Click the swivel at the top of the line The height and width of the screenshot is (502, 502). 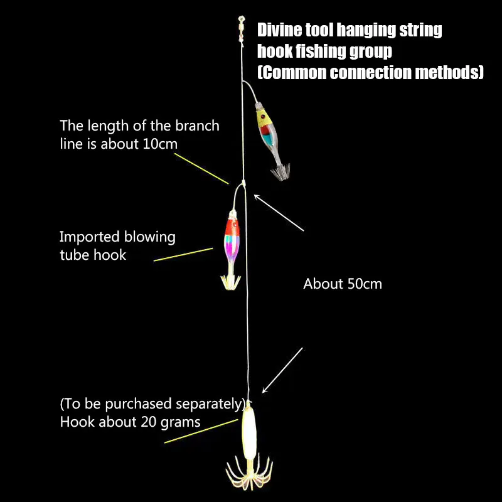click(x=239, y=28)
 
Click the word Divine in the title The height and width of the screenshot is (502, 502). click(x=280, y=29)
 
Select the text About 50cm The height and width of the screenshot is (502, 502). click(x=342, y=284)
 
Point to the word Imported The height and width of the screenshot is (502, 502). click(x=88, y=237)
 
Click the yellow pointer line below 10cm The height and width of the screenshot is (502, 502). click(x=201, y=168)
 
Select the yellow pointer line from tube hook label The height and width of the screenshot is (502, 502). click(x=183, y=254)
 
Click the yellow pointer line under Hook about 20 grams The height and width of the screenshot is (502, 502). click(x=201, y=431)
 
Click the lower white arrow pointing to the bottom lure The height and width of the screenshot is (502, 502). click(x=282, y=370)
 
